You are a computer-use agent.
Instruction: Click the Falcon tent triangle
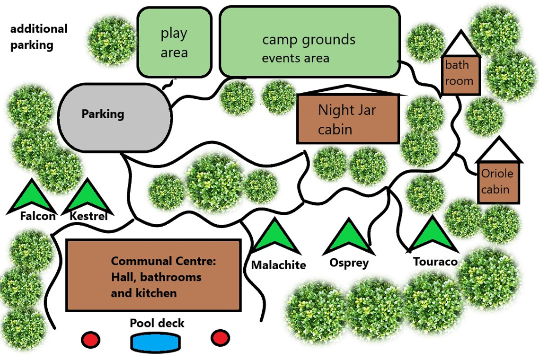[32, 199]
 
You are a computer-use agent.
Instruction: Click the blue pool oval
[155, 342]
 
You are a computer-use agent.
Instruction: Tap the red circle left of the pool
[90, 339]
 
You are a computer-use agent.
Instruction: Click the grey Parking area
[115, 117]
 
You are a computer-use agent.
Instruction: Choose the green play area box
[174, 42]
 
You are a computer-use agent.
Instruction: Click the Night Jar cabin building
[348, 119]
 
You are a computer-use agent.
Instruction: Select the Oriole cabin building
[498, 183]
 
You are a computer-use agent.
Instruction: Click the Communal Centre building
[153, 275]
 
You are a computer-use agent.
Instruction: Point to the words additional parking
[38, 37]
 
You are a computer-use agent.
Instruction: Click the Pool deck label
[157, 323]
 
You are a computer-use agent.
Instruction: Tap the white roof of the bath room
[460, 43]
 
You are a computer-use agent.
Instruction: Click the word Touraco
[435, 262]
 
